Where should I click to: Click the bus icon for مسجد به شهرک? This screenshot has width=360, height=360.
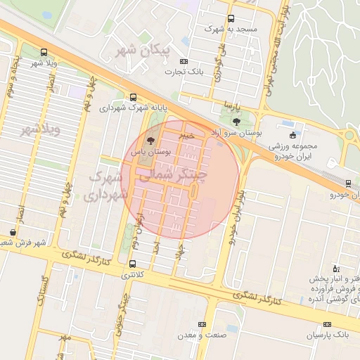tap(231, 19)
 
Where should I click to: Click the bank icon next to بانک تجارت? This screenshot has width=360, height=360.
tap(185, 61)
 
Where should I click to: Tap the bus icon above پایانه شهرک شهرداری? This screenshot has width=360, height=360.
tap(133, 98)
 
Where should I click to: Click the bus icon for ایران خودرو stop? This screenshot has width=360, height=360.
tap(348, 184)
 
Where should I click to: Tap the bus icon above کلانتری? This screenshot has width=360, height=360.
tap(133, 264)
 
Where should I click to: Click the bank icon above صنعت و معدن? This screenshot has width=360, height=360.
tap(202, 324)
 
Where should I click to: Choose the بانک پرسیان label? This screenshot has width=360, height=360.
tap(326, 336)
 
